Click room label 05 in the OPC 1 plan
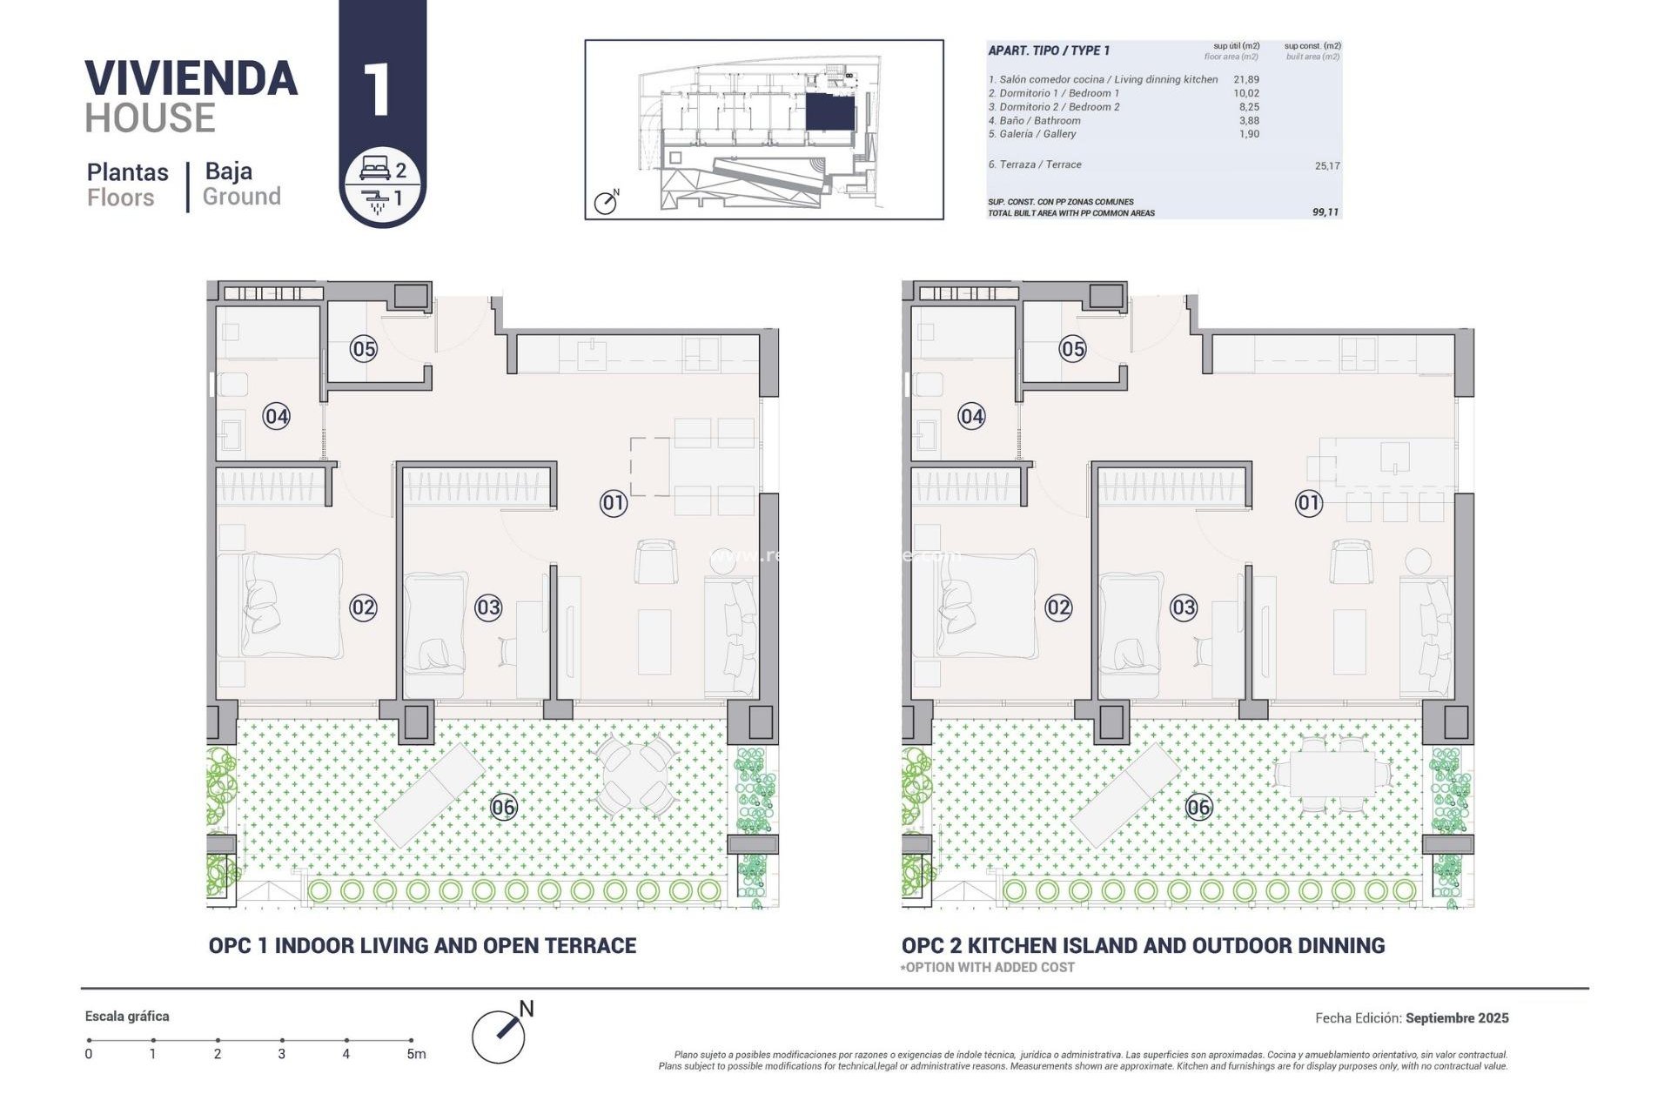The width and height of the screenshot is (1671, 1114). click(364, 350)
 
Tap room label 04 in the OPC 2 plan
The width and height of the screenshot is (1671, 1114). click(972, 417)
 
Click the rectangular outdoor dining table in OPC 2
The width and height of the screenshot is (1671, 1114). click(1332, 773)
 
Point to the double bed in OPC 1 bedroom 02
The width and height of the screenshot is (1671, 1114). click(281, 604)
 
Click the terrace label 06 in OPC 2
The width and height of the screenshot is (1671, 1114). click(1199, 808)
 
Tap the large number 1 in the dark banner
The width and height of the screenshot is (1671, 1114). click(378, 90)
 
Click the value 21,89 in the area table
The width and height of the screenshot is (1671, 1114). click(1246, 79)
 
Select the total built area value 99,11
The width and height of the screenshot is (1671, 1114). click(1325, 212)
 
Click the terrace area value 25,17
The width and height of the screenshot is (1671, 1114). click(1327, 165)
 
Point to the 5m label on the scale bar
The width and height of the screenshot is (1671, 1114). click(416, 1054)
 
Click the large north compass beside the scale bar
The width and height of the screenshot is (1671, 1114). click(500, 1036)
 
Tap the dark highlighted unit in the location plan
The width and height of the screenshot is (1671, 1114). click(829, 113)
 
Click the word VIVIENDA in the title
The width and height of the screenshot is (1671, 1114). click(191, 79)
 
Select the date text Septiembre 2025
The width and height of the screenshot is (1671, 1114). click(1457, 1017)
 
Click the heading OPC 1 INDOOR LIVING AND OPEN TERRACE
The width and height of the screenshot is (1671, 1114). click(422, 946)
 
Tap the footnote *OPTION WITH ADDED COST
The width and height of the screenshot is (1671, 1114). click(988, 968)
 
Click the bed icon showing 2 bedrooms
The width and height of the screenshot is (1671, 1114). click(375, 169)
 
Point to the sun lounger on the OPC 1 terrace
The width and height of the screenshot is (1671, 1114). click(431, 795)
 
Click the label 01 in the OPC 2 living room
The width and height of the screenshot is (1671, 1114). click(1309, 503)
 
